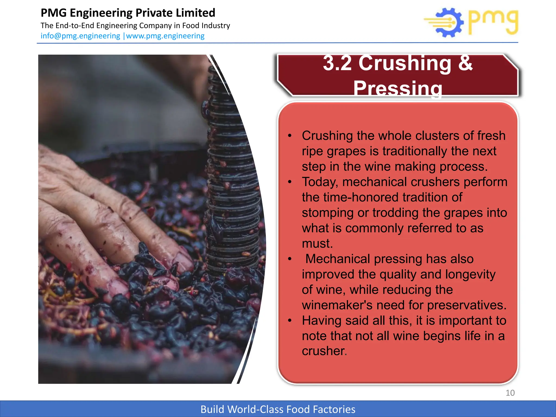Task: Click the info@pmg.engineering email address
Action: [x=80, y=36]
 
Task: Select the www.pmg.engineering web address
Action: [x=165, y=36]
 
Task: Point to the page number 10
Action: [x=510, y=393]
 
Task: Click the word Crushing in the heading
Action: [x=404, y=63]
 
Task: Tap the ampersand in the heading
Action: [x=466, y=63]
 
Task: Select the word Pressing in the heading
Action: [x=398, y=88]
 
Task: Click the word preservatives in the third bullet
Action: [x=467, y=305]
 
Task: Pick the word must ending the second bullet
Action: [x=317, y=244]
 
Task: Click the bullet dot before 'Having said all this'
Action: [x=290, y=321]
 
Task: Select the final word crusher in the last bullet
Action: [x=324, y=351]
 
